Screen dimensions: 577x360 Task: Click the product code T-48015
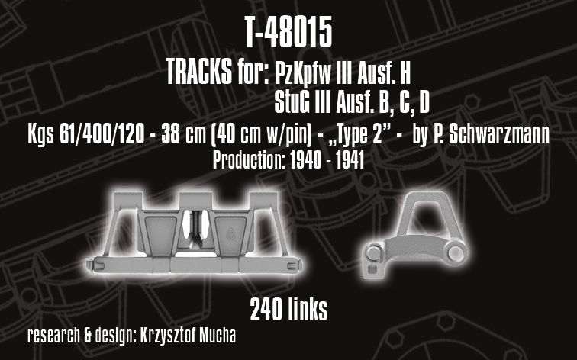[288, 32]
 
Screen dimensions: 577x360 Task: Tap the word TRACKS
[198, 72]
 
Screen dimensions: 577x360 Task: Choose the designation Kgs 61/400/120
[86, 134]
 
